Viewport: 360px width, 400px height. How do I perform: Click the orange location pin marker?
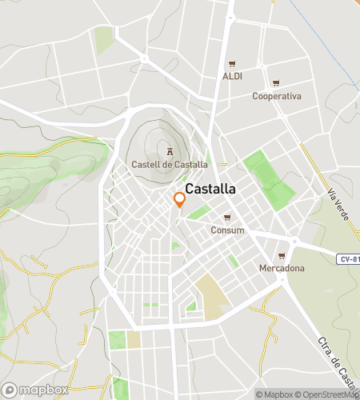click(x=179, y=198)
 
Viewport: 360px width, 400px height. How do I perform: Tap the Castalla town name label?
click(x=210, y=190)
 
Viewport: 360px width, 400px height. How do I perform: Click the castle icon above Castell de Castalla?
click(x=169, y=152)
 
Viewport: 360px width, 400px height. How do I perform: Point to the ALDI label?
click(x=232, y=76)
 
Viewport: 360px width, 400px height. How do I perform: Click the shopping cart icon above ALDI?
click(x=232, y=64)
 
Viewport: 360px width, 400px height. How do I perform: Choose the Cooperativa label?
click(x=276, y=96)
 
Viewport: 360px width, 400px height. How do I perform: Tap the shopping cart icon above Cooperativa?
click(x=276, y=83)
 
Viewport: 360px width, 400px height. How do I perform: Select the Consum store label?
click(x=227, y=230)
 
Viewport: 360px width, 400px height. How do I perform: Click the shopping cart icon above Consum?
click(x=227, y=218)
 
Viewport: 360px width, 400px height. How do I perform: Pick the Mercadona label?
click(x=282, y=268)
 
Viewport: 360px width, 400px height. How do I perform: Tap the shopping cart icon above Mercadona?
click(x=282, y=255)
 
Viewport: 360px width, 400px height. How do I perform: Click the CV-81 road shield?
click(x=347, y=258)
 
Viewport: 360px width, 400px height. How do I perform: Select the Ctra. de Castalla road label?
click(x=336, y=360)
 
